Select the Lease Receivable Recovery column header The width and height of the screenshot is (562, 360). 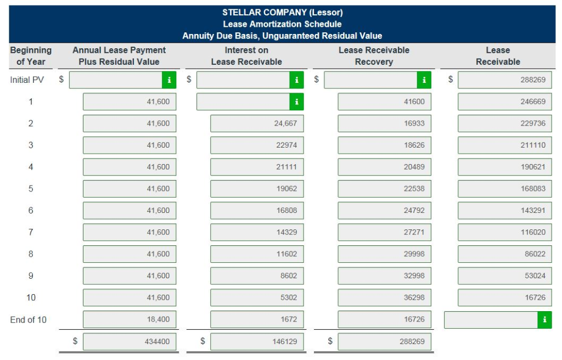tap(374, 55)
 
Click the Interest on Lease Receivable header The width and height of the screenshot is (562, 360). tap(246, 55)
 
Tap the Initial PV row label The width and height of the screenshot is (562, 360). tap(26, 80)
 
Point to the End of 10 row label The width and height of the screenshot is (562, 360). tap(28, 319)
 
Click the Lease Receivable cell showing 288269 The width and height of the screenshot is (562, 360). tap(504, 80)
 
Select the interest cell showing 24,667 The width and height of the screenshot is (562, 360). tap(256, 123)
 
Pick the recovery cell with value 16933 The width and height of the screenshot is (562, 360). tap(384, 123)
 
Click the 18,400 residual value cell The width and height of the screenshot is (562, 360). tap(130, 319)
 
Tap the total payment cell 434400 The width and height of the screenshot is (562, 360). tap(130, 341)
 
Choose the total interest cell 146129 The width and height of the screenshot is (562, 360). tap(256, 341)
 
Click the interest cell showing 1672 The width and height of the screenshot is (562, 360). tap(256, 319)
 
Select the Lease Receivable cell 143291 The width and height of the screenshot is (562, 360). tap(504, 210)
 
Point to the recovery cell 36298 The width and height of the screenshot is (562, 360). tap(384, 297)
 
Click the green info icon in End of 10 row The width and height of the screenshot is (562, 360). tap(544, 319)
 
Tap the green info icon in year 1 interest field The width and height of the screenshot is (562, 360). tap(296, 102)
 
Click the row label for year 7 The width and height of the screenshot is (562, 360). tap(31, 232)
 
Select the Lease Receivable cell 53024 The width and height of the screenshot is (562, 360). tap(504, 275)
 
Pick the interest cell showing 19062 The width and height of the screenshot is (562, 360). tap(256, 189)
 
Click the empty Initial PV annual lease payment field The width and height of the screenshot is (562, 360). tap(116, 80)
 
